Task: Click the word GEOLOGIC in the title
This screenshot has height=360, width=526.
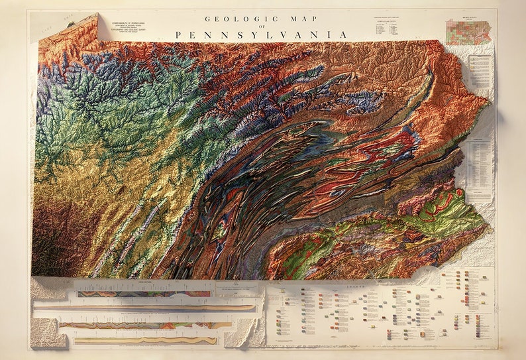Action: (233, 19)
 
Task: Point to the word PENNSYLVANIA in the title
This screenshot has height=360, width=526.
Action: (262, 34)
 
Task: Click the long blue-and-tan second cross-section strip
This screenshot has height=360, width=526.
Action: (146, 308)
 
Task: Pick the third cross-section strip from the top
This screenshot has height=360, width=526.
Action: (146, 325)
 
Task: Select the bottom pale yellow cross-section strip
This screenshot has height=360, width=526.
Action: (146, 340)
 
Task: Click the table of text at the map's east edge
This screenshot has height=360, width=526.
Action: (480, 163)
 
